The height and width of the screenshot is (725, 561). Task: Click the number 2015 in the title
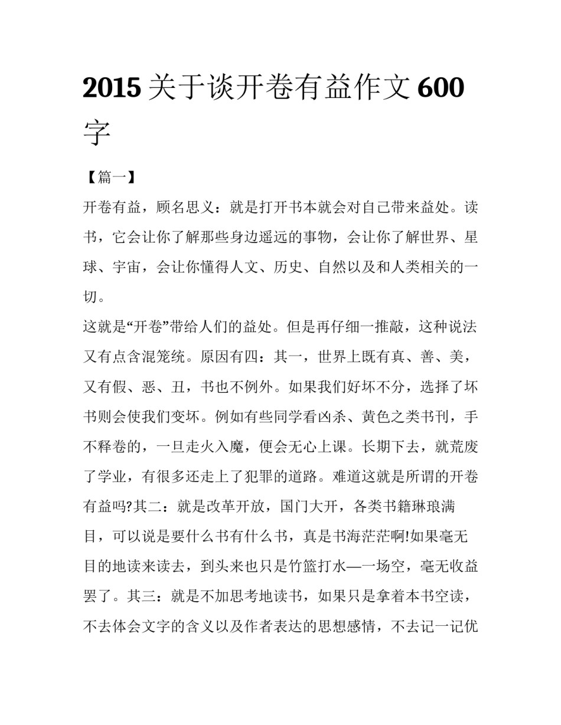(x=112, y=88)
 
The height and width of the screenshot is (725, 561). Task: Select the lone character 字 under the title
(x=97, y=132)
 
